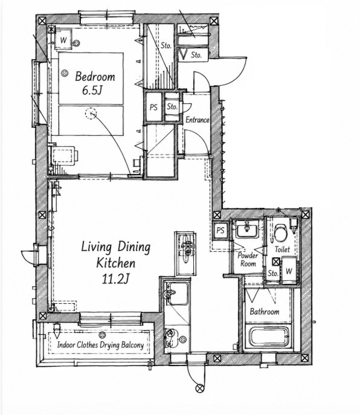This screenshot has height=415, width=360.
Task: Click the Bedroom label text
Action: pos(95,77)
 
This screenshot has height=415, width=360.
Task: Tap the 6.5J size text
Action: pos(92,91)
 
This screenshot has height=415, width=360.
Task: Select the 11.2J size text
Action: pos(115,278)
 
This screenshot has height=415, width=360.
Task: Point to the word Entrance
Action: pos(198,120)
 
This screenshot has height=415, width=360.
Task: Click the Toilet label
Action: pos(282,249)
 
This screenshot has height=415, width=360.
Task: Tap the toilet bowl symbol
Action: pos(281,233)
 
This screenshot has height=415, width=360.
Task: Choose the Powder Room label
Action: pos(248,260)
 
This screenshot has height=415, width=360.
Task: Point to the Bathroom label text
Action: pos(265,311)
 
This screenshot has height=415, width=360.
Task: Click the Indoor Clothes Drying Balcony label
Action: pos(101,345)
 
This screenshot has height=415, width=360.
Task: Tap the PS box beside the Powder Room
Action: pos(220,230)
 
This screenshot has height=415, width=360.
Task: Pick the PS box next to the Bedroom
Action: pos(153,107)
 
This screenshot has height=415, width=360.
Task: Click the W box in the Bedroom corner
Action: pos(63,40)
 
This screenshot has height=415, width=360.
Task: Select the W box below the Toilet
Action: pos(289,271)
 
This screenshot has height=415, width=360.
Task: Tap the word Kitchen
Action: pos(116,263)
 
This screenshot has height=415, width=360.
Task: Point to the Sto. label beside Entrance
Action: pos(172,107)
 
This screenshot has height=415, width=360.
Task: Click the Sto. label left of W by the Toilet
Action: pos(273,273)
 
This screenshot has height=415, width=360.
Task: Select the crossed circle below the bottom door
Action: pos(199,388)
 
